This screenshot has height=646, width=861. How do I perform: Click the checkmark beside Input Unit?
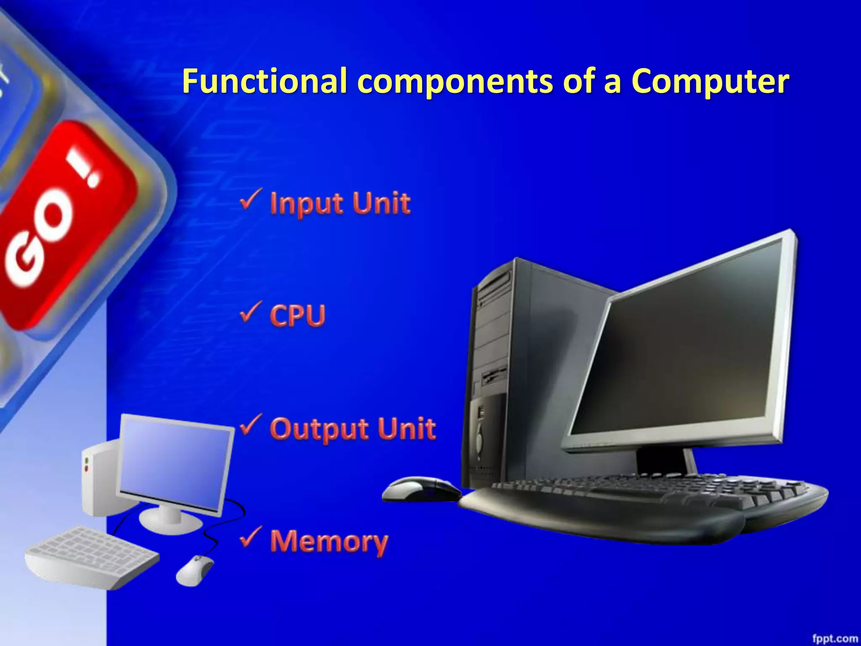click(251, 199)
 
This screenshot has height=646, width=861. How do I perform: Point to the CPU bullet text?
click(298, 315)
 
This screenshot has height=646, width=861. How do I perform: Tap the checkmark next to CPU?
click(251, 312)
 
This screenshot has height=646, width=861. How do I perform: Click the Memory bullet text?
click(329, 542)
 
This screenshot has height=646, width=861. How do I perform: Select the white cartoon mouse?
click(194, 570)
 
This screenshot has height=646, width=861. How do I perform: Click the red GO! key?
click(63, 227)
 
